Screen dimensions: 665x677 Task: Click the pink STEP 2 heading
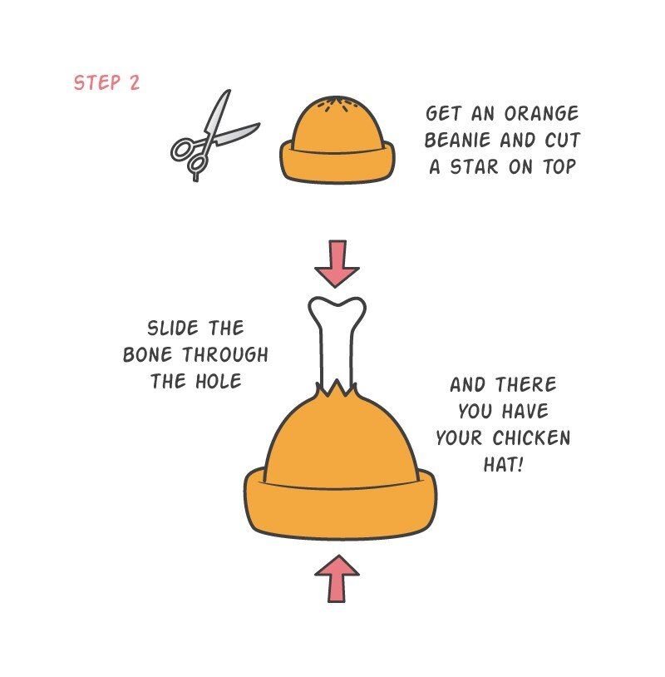pos(106,82)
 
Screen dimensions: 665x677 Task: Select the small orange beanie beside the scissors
pos(337,140)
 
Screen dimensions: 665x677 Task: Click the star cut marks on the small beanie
pos(337,105)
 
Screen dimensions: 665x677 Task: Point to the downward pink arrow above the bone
pos(337,264)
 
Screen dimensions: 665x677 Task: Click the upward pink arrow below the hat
pos(337,579)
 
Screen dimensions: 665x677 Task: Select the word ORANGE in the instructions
pos(542,114)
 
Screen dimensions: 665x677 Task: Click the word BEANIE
pos(458,141)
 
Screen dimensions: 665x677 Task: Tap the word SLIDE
pos(173,329)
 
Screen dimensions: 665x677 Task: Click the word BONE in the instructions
pos(148,355)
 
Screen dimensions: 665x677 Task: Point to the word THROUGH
pos(224,355)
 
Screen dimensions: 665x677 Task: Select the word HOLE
pos(219,381)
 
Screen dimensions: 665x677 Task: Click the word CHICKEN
pos(531,437)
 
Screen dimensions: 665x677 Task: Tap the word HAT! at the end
pos(503,465)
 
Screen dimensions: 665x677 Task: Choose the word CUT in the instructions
pos(562,141)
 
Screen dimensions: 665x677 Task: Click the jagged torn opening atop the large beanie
pos(337,391)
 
